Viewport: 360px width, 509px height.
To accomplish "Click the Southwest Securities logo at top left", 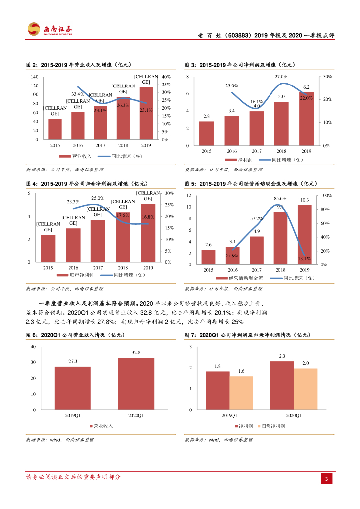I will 50,29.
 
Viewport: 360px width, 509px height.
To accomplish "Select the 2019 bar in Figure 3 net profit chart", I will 306,119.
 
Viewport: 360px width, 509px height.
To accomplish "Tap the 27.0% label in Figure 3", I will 281,77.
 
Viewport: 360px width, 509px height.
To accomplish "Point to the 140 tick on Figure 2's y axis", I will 34,77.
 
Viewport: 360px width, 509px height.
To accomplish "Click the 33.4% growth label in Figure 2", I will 77,94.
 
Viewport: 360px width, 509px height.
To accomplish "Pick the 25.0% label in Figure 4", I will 98,198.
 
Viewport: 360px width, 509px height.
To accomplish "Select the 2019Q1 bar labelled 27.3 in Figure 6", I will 73,388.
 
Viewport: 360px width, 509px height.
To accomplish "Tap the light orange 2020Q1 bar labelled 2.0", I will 305,389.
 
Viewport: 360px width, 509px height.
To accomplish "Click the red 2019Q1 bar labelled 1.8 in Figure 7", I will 218,390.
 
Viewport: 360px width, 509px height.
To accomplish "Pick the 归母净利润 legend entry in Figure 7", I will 271,426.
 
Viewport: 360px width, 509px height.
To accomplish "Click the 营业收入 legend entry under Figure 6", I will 102,426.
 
